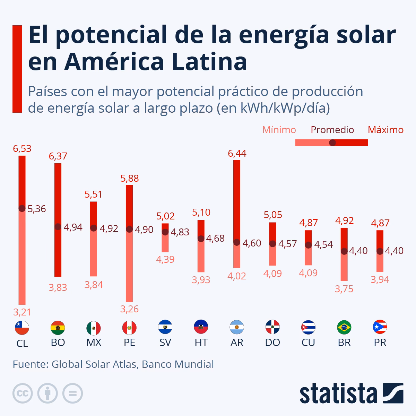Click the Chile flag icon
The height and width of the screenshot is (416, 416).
[22, 327]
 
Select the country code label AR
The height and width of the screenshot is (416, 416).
[237, 343]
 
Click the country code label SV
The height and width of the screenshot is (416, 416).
[165, 343]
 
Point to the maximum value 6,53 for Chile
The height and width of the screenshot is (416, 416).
[22, 149]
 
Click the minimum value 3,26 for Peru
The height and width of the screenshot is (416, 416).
[129, 309]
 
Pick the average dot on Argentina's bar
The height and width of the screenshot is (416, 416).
[237, 242]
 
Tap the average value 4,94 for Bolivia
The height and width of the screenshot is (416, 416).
[73, 227]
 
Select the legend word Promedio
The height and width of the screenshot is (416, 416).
[332, 130]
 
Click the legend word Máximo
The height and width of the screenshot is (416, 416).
[385, 130]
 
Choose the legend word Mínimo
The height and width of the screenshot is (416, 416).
[279, 130]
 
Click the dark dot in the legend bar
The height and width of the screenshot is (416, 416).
[332, 142]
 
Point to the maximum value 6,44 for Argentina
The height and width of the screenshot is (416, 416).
[237, 154]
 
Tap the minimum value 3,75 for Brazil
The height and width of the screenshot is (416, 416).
[344, 289]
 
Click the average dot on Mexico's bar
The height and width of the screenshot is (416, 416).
[94, 228]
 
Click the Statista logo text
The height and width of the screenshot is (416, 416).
[338, 394]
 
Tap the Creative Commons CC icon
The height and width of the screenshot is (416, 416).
[23, 393]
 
